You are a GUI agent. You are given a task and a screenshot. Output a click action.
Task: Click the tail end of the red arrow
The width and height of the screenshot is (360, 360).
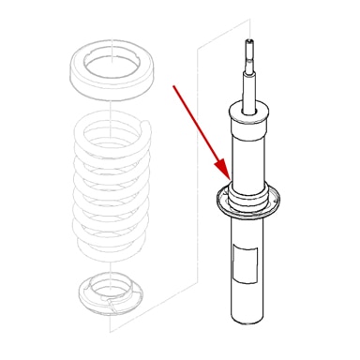tap(173, 85)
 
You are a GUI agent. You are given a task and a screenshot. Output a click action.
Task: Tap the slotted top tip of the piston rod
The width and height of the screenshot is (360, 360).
tap(249, 43)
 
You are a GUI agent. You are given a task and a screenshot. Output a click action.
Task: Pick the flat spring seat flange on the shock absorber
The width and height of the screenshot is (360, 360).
tap(248, 202)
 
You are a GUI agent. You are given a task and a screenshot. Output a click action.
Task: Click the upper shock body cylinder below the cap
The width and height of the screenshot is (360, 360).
tap(248, 155)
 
